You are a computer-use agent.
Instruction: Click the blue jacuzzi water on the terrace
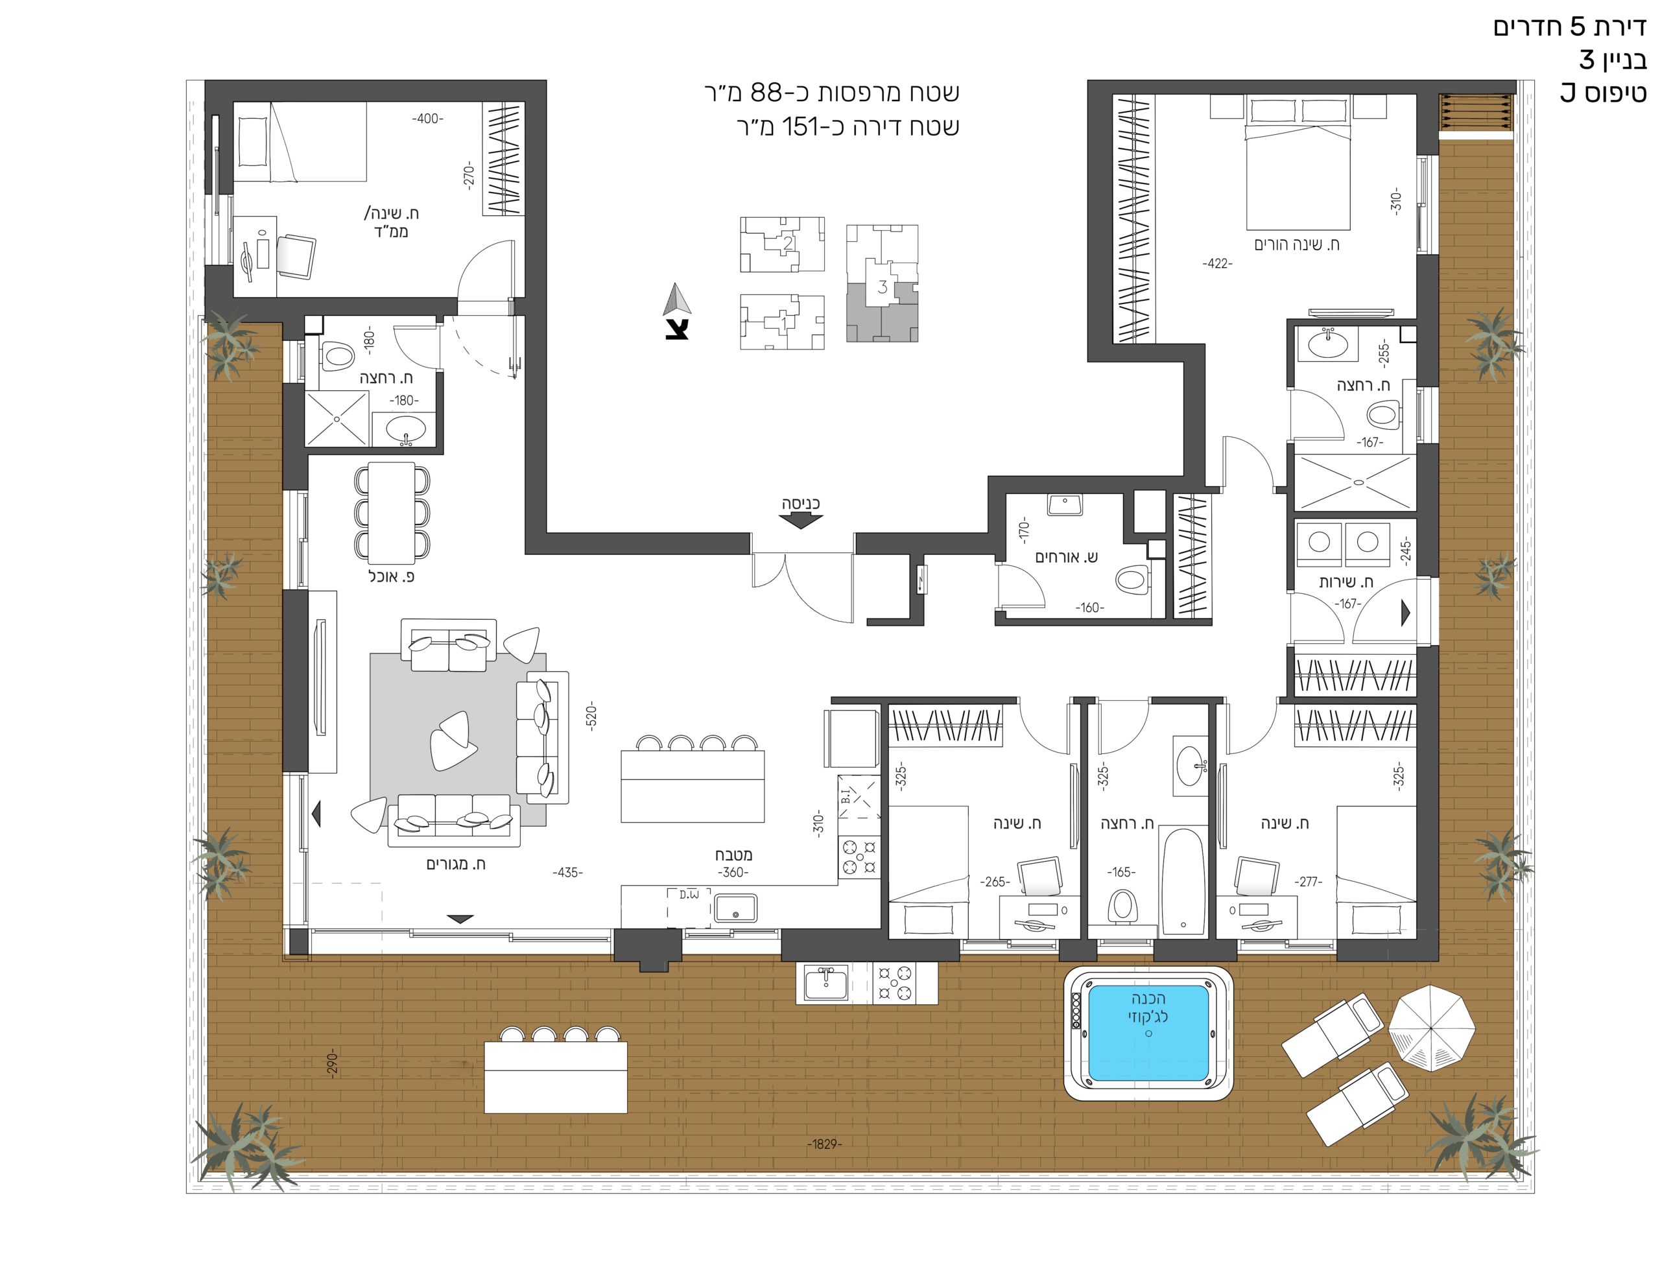point(1148,1033)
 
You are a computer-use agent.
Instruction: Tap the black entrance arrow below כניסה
point(800,521)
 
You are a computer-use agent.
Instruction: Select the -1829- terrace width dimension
point(825,1144)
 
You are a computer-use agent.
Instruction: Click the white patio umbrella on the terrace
point(1432,1028)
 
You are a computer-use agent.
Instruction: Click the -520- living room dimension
point(591,716)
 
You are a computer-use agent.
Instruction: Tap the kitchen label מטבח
point(733,855)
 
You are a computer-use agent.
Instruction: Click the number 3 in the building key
point(883,287)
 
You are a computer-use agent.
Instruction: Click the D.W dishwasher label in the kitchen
point(689,895)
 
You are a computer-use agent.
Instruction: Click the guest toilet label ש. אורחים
point(1067,557)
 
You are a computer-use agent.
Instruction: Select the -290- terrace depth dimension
point(332,1063)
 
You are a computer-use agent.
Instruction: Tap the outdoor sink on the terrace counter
point(826,984)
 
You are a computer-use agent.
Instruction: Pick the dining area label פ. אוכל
point(392,577)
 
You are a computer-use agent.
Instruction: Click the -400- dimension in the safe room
point(428,119)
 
